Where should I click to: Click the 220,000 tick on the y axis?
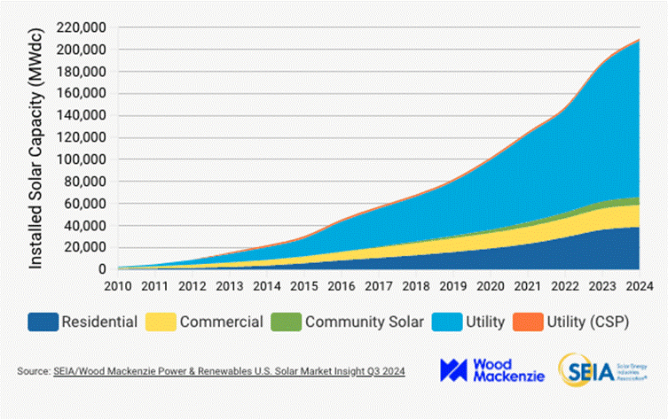pyautogui.click(x=81, y=27)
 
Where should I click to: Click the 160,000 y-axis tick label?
pyautogui.click(x=81, y=94)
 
